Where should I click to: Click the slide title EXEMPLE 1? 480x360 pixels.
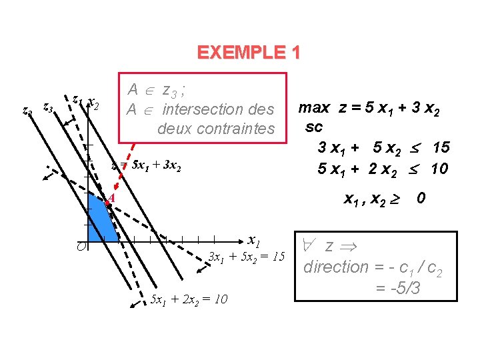249,52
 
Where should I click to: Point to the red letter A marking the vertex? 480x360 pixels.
113,197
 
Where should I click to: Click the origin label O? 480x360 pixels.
79,247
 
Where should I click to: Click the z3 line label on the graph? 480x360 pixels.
48,106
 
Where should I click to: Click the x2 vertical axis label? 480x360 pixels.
94,105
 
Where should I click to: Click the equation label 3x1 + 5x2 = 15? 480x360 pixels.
247,257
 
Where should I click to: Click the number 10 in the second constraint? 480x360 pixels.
439,169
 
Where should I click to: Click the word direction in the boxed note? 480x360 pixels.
335,267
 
